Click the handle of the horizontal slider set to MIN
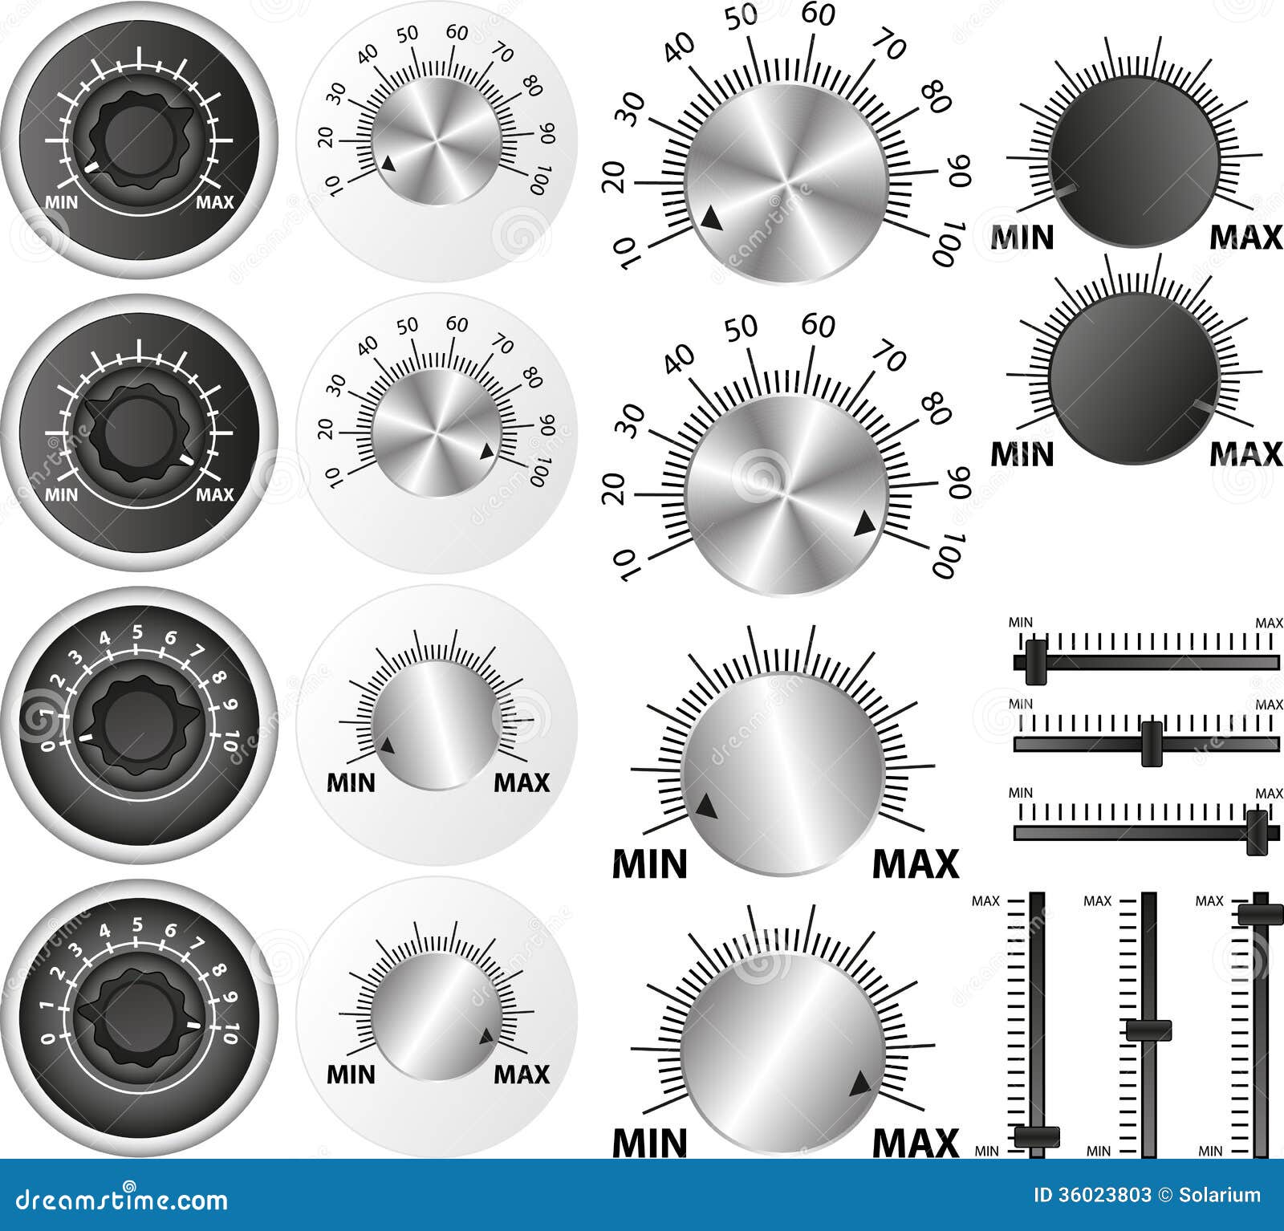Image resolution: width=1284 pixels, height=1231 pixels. click(x=1036, y=662)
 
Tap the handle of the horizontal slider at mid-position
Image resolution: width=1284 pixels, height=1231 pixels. click(x=1152, y=743)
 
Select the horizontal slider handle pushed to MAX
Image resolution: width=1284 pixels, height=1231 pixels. click(x=1257, y=832)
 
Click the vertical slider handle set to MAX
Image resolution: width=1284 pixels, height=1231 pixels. click(x=1261, y=914)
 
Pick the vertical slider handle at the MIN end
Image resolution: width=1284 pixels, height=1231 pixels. click(x=1037, y=1136)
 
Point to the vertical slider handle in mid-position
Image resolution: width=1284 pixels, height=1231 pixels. click(x=1148, y=1030)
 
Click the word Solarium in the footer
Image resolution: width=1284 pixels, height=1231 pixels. click(x=1220, y=1196)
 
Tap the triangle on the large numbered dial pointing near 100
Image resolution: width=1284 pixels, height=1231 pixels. click(x=864, y=524)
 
